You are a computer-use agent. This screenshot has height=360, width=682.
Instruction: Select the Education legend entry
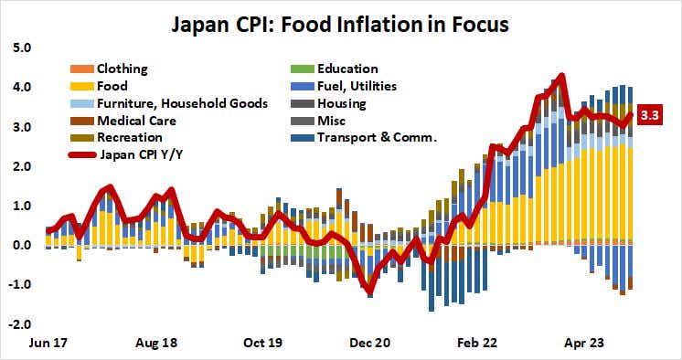click(x=346, y=69)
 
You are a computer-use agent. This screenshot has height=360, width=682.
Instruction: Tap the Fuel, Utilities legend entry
click(x=359, y=86)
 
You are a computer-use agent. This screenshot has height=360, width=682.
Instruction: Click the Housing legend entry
click(x=343, y=103)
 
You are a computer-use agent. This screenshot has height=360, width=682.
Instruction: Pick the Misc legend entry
click(x=332, y=121)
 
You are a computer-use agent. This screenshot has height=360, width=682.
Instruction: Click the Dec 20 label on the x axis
click(x=371, y=345)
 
